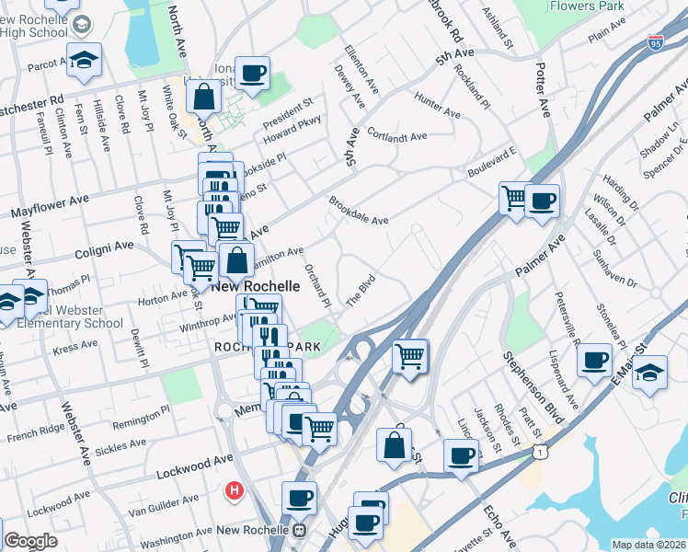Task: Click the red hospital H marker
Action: point(235,490)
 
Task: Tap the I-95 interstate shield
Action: point(655,43)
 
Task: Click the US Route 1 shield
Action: point(544,451)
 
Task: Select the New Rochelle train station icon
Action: point(299,530)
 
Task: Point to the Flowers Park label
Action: point(585,6)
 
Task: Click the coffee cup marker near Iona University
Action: point(252,73)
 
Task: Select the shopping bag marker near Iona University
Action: point(205,95)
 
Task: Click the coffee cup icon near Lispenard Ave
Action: point(595,359)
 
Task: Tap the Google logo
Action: point(30,541)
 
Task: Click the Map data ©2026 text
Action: point(648,545)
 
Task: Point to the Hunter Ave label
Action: point(437,106)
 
